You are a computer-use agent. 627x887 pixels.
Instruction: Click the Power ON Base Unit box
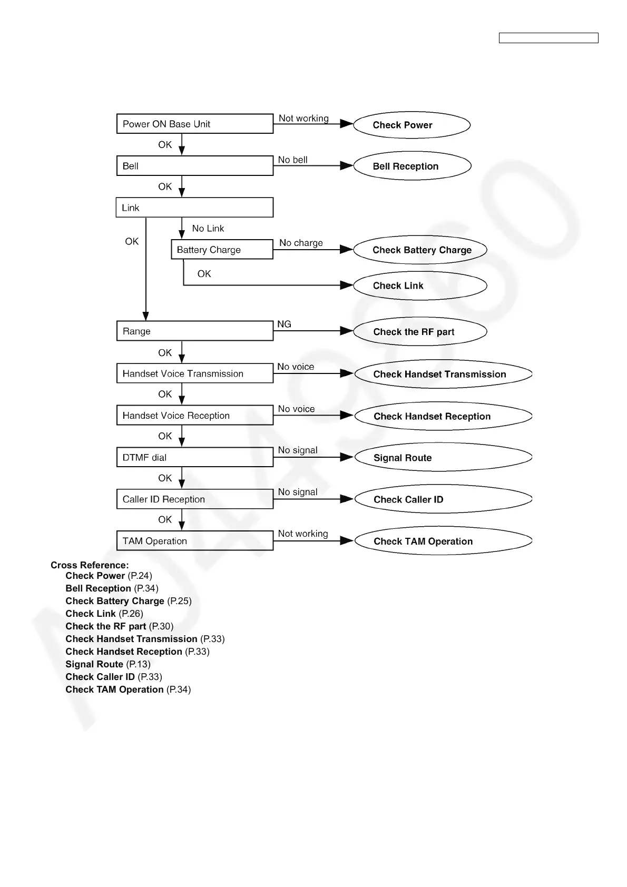194,124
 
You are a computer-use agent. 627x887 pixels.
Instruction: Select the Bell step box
194,166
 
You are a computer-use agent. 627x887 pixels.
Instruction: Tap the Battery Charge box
222,250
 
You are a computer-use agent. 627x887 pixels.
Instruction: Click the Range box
194,331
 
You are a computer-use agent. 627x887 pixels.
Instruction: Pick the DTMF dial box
194,457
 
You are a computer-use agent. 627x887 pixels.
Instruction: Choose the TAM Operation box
194,541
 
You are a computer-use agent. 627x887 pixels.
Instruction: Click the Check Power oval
412,125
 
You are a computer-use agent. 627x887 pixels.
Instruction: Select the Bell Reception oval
412,166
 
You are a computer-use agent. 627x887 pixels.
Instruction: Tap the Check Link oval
420,285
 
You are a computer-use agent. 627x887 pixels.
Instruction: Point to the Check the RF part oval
420,332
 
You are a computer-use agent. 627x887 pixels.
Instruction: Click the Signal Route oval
443,457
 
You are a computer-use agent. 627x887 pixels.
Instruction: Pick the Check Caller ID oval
443,499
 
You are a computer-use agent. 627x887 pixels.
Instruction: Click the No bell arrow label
293,160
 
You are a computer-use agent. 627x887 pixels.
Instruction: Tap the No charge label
301,243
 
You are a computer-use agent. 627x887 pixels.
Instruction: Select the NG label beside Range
284,324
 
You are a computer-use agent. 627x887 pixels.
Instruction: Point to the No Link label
208,228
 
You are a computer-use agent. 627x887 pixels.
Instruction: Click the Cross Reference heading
90,565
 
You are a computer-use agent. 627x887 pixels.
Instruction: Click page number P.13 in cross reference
139,664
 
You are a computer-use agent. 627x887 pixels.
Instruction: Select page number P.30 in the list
161,626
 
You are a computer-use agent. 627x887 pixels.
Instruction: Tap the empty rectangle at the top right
548,38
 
